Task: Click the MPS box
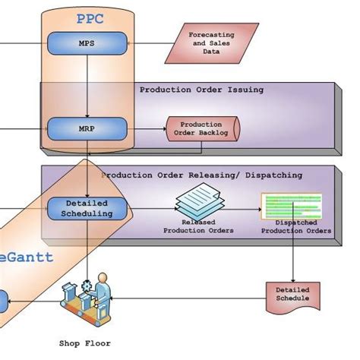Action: point(87,43)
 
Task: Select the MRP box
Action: point(87,129)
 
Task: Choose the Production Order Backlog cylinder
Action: point(201,129)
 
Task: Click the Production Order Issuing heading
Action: point(201,90)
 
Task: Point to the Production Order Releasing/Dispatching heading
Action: point(201,175)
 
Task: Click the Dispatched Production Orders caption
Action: point(296,227)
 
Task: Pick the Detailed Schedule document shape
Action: point(292,294)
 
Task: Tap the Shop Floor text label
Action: point(85,343)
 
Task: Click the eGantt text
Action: point(27,257)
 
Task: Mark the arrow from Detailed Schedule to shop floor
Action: point(190,300)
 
